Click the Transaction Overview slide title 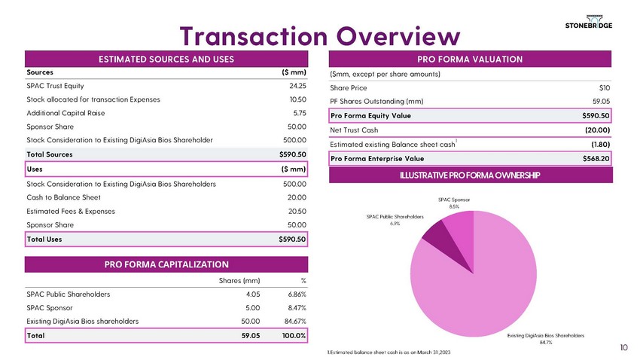[x=318, y=35]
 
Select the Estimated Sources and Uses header [x=167, y=59]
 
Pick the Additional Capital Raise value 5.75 [x=299, y=112]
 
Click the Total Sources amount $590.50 [x=292, y=154]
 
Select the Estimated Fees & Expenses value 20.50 [x=297, y=211]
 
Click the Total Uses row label [x=44, y=239]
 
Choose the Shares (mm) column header [x=239, y=280]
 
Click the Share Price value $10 [x=603, y=87]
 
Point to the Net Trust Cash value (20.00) [x=595, y=130]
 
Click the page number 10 [x=624, y=347]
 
